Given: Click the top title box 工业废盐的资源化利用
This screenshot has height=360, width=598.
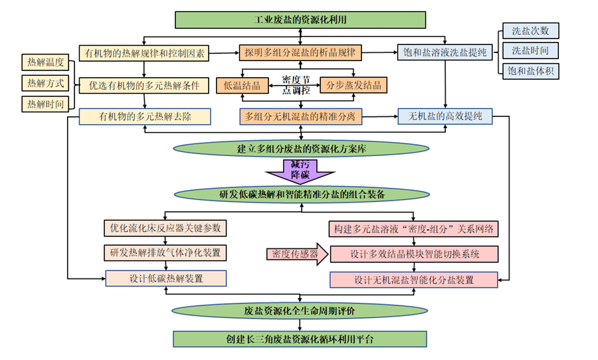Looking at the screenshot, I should (x=300, y=19).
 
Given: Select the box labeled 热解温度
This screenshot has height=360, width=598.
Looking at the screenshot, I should (x=45, y=63).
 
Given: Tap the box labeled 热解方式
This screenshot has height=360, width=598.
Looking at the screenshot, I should (x=45, y=84).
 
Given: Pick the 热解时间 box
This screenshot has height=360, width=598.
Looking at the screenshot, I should (x=45, y=104).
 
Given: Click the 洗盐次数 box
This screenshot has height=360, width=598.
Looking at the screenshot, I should (x=530, y=31).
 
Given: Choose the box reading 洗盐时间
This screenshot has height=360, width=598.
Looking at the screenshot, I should (x=530, y=50).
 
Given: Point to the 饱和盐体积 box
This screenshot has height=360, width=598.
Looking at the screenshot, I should (x=530, y=70).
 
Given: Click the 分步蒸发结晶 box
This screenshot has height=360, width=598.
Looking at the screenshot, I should (x=353, y=85).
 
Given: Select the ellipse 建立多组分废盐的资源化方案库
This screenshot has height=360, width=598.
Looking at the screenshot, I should (x=300, y=149).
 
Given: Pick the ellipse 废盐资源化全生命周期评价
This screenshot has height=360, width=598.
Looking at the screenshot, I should (x=300, y=311).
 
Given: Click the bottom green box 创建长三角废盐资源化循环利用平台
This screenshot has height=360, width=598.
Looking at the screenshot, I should (x=300, y=339).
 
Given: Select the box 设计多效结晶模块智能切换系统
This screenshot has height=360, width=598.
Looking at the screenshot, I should (x=413, y=254).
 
